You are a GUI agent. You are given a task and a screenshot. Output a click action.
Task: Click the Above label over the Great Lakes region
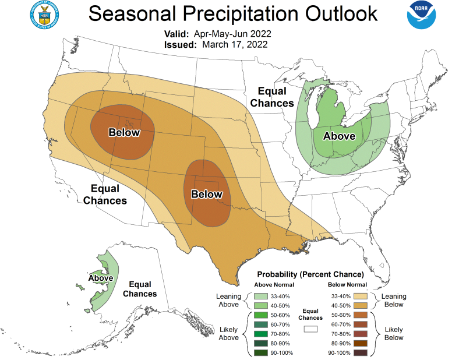click(340, 136)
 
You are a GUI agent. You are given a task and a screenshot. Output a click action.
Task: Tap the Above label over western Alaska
click(101, 278)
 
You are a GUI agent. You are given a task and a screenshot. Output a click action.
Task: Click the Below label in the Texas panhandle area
click(207, 194)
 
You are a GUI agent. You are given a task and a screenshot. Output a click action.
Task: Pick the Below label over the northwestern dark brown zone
click(124, 132)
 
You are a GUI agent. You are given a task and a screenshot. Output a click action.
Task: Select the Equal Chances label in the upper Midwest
click(271, 97)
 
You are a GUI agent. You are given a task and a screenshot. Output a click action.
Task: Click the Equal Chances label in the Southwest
click(105, 195)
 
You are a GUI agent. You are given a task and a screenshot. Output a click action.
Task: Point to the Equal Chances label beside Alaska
click(140, 289)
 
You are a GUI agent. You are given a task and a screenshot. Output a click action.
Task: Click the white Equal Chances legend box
click(310, 329)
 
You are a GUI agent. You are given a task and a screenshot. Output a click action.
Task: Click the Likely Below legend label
click(394, 333)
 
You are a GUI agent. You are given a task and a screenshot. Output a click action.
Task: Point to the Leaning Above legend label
click(228, 300)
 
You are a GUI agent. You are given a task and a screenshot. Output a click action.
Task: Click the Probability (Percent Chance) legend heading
click(310, 274)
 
